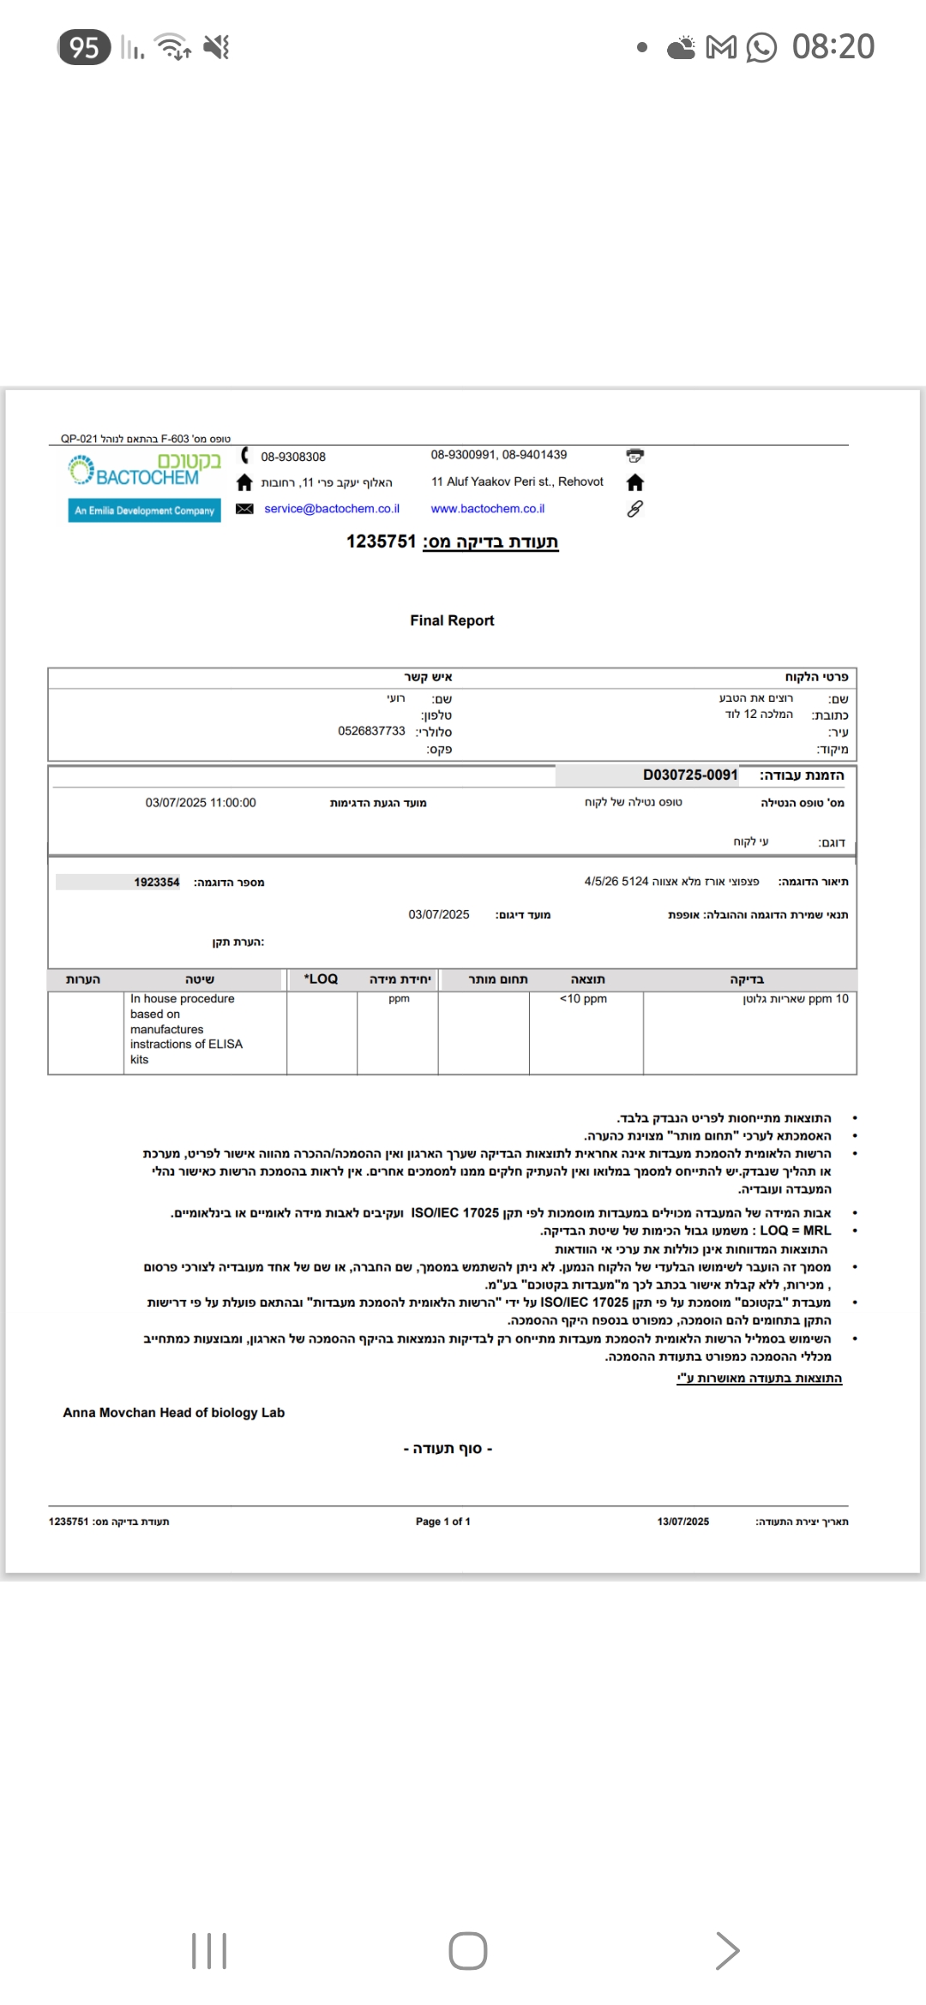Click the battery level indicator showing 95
pos(84,47)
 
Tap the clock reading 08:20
pos(833,47)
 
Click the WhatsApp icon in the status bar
pos(761,48)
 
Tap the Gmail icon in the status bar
pos(721,48)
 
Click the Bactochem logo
pos(145,471)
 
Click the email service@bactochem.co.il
pos(332,509)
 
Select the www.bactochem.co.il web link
pos(488,509)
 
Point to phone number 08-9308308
pos(293,457)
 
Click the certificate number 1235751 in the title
pos(381,542)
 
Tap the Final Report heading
pos(452,620)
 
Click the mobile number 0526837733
pos(371,731)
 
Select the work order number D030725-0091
pos(690,775)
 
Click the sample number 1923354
pos(157,883)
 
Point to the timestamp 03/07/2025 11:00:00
pos(201,803)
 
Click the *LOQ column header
pos(322,979)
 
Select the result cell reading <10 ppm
pos(583,999)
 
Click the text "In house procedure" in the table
pos(183,999)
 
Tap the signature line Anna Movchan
pos(173,1413)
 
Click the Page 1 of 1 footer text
pos(442,1522)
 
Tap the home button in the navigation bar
pos(468,1951)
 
